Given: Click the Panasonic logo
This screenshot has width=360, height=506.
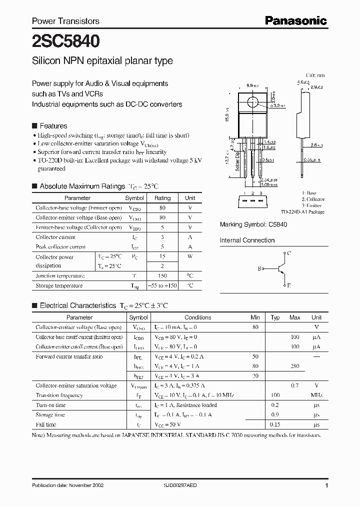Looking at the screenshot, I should (295, 20).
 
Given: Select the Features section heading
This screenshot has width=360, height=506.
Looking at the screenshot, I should (53, 126).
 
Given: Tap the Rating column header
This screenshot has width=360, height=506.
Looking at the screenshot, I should (162, 198).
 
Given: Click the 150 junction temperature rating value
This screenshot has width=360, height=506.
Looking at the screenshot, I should (162, 276).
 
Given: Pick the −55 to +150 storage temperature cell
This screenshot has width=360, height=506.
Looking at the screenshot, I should (162, 286).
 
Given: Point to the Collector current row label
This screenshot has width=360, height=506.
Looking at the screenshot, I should (55, 237).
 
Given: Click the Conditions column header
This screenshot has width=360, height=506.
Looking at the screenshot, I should (197, 317).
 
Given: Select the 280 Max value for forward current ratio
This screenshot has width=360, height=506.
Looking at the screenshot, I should (294, 366).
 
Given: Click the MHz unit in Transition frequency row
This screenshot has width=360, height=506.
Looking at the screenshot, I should (316, 395).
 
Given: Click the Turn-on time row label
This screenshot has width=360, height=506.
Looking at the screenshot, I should (50, 405).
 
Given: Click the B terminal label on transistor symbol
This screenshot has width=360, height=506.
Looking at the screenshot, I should (259, 269).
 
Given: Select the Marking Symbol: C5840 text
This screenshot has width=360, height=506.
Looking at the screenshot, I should (253, 225).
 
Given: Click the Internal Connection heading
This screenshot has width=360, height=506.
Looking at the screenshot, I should (247, 240).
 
